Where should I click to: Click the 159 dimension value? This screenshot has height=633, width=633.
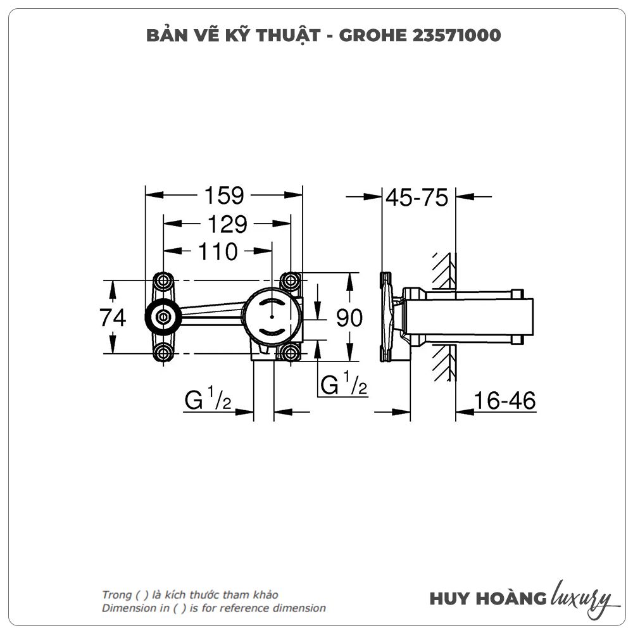(223, 196)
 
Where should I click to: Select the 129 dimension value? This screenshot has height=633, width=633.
(225, 224)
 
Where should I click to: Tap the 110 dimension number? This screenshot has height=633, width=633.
(218, 252)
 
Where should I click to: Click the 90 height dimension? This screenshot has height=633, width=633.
(349, 318)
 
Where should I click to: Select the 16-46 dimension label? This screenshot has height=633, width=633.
(505, 401)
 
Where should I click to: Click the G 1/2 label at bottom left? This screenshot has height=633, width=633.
(207, 400)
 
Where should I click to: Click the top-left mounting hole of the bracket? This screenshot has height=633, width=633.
(163, 280)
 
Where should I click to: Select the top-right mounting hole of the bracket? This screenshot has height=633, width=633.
(291, 280)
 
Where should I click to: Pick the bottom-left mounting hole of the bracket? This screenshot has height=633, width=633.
(163, 353)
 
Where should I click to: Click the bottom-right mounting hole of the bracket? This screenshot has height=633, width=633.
(291, 353)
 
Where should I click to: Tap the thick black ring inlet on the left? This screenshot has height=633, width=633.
(163, 317)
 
